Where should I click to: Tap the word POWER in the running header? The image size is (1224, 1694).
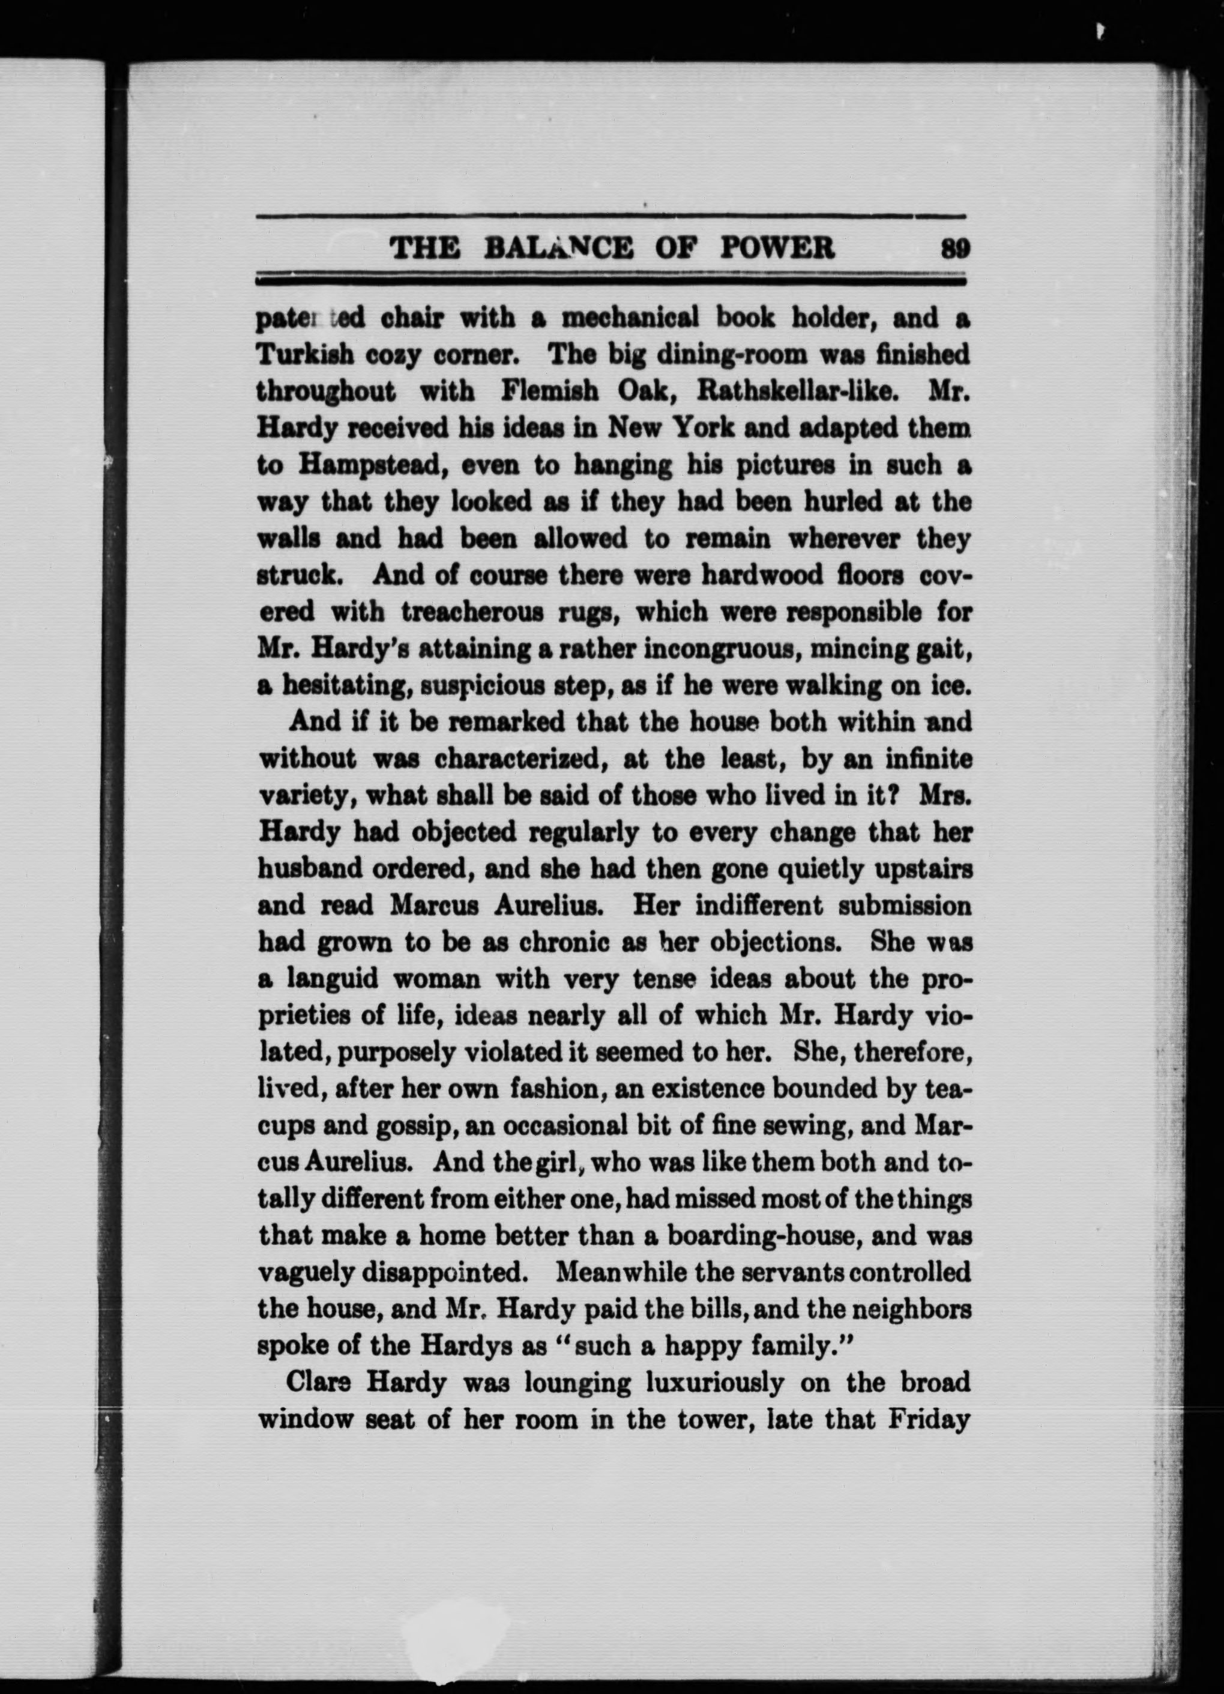click(x=777, y=248)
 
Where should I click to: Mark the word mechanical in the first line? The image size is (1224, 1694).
click(x=630, y=318)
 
